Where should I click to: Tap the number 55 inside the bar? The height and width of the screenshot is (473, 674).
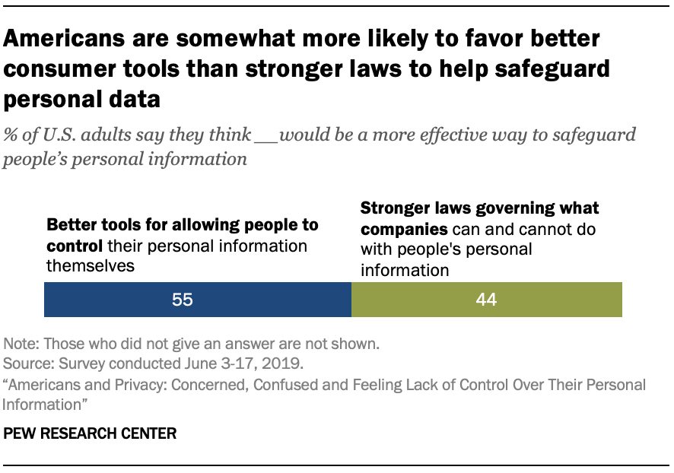(183, 300)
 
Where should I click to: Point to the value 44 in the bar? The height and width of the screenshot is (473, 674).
(486, 300)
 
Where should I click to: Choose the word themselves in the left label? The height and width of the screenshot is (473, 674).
(89, 265)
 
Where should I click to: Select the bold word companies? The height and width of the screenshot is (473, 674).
(402, 228)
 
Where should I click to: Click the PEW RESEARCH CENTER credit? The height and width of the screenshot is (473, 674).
(91, 434)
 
